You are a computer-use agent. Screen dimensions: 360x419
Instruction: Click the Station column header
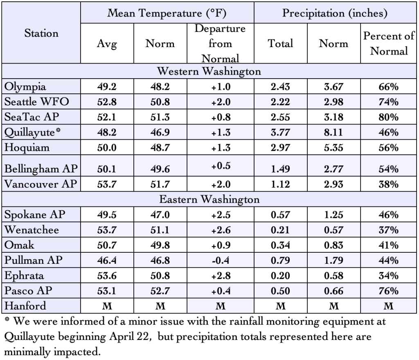41,33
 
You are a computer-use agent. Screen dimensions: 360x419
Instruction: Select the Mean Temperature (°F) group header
167,13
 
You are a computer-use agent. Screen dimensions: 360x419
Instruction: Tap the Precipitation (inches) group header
335,13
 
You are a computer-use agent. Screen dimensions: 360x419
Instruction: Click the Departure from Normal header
220,43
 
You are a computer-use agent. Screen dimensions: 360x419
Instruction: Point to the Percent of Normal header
388,43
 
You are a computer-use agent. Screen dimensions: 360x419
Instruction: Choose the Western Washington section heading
209,71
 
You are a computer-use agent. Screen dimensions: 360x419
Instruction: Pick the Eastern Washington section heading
209,199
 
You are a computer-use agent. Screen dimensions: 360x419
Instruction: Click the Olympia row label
25,86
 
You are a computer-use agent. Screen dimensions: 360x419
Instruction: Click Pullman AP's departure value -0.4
220,260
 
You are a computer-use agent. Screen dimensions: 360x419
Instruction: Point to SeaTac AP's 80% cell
388,117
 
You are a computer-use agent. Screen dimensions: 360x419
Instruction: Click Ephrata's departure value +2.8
220,276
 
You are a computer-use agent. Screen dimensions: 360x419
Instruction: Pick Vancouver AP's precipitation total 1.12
281,184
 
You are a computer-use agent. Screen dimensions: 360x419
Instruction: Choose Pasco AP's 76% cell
388,291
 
